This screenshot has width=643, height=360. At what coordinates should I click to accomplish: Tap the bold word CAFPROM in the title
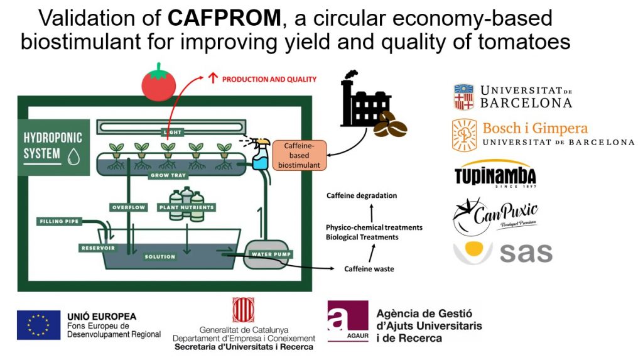(224, 18)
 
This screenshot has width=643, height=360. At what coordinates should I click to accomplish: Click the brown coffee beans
(390, 124)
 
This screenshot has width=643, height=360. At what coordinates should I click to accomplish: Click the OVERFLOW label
(128, 207)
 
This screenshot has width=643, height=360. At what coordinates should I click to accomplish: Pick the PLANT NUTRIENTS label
(186, 207)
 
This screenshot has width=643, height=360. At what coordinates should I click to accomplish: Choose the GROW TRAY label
(166, 175)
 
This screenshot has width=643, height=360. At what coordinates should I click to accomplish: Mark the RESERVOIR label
(97, 248)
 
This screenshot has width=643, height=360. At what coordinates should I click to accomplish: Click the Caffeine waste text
(369, 269)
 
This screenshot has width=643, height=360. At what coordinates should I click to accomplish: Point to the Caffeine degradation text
(362, 195)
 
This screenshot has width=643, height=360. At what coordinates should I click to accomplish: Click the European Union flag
(39, 325)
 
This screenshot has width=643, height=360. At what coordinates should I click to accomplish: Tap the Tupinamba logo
(495, 175)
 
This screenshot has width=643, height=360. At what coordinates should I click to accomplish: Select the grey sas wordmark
(526, 253)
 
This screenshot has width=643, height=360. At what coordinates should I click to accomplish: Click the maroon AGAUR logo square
(347, 321)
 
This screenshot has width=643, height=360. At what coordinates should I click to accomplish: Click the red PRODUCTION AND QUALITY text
(269, 80)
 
